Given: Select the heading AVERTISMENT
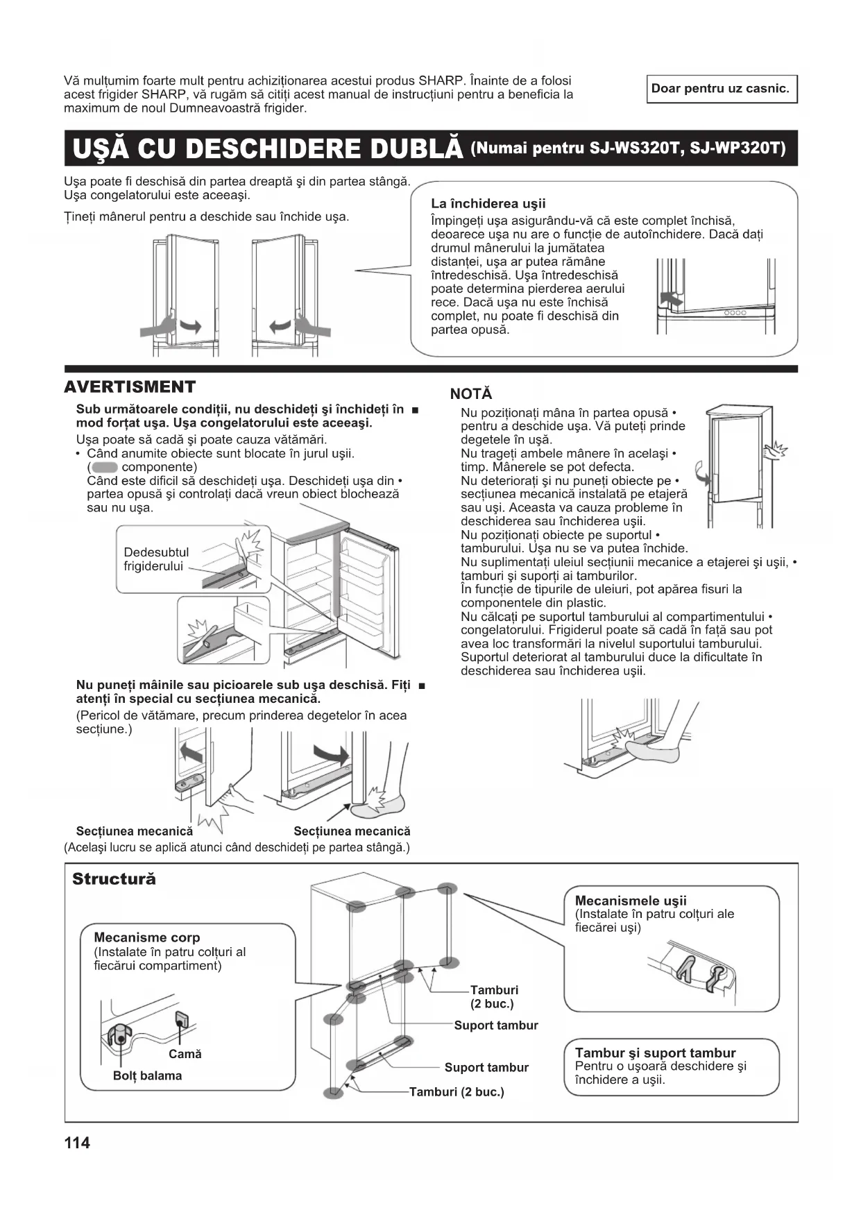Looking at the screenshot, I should (x=130, y=387).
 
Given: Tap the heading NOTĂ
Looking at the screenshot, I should (x=471, y=394).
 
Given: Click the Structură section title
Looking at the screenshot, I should (x=114, y=879).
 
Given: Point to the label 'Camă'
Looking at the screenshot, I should (x=185, y=1054).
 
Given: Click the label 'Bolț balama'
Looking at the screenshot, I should (x=147, y=1076).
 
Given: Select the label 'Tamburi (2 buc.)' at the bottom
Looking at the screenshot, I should (x=457, y=1092).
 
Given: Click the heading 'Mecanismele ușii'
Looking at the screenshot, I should (x=630, y=901).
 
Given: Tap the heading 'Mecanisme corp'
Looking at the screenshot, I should (x=146, y=937).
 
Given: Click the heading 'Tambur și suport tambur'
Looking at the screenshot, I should (x=655, y=1053).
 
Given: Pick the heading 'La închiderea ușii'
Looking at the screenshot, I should (x=488, y=203).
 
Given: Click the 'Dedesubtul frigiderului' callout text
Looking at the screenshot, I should (x=155, y=559).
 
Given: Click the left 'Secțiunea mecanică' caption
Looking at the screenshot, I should (x=135, y=831).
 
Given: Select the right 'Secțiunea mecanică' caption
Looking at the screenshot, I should (x=352, y=831).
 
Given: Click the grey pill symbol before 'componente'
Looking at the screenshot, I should (x=104, y=467).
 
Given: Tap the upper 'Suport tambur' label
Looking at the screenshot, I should (x=495, y=1025).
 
